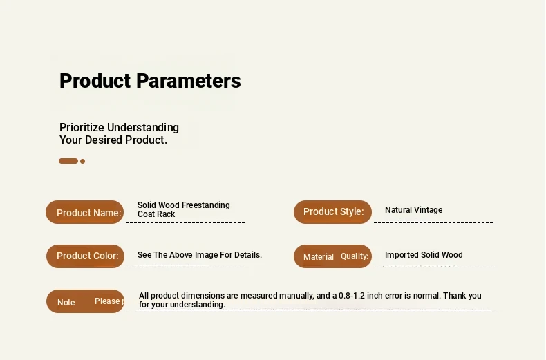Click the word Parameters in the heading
(189, 81)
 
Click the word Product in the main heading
(95, 81)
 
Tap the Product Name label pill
(84, 212)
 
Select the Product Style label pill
(332, 211)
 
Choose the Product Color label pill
(85, 256)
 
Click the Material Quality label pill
(332, 256)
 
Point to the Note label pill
(85, 301)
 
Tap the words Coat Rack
(156, 214)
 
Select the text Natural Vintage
(414, 210)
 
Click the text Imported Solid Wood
(424, 255)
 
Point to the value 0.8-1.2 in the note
(352, 296)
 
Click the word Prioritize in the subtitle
(82, 127)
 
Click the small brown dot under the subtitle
(82, 161)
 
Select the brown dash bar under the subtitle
(68, 161)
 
